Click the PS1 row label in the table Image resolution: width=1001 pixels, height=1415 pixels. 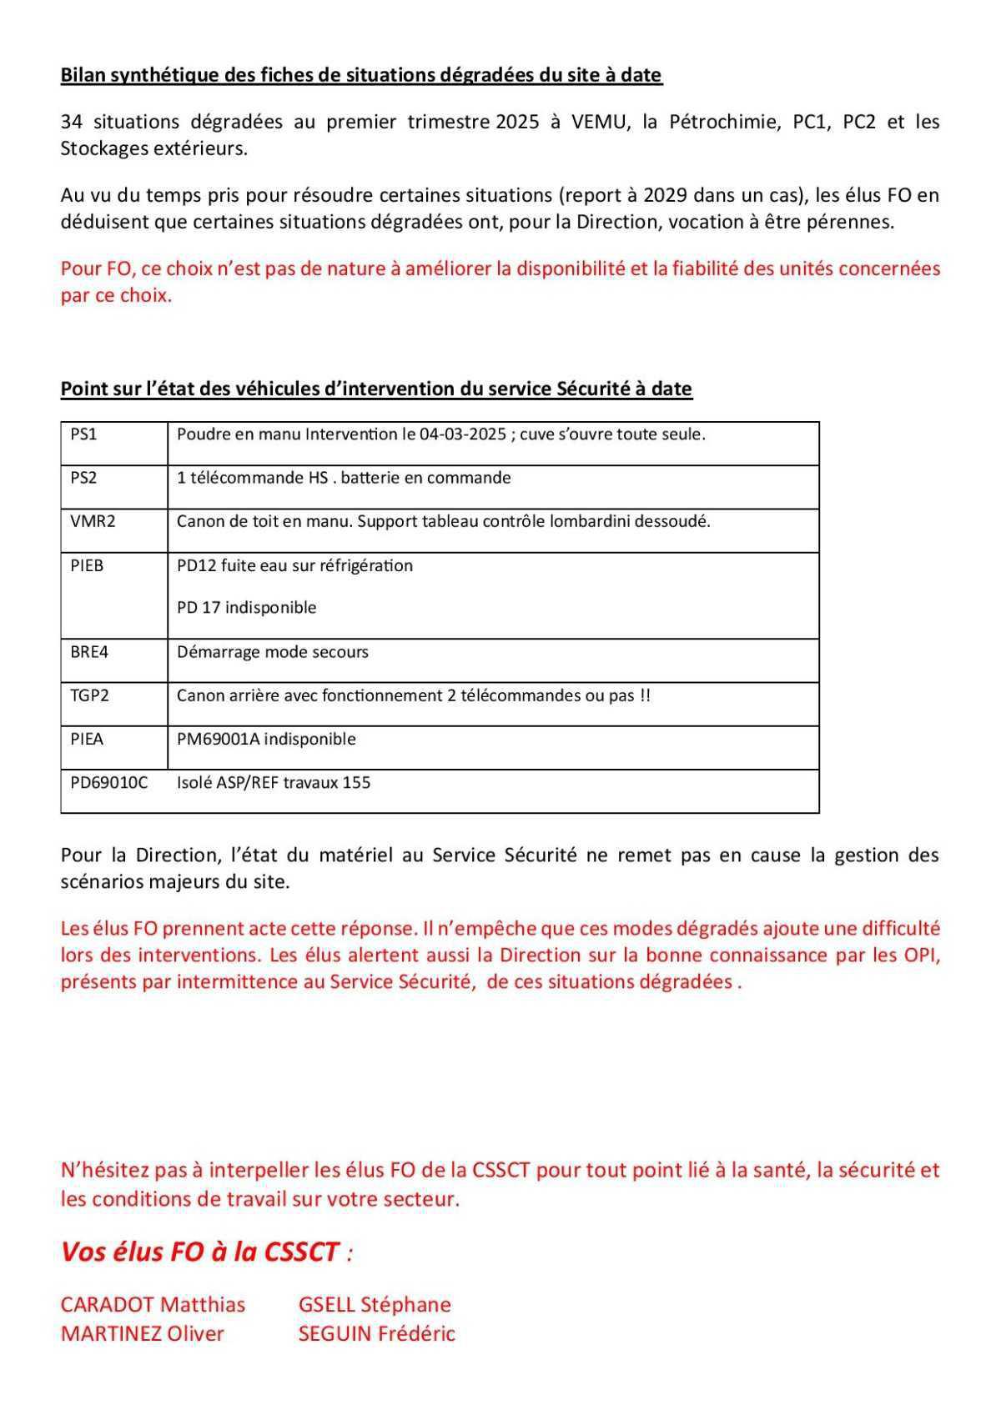pyautogui.click(x=83, y=434)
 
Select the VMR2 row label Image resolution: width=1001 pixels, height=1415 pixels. pyautogui.click(x=93, y=522)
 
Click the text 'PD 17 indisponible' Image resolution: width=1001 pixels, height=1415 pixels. pyautogui.click(x=246, y=608)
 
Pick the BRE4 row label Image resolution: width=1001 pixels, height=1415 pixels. pyautogui.click(x=89, y=652)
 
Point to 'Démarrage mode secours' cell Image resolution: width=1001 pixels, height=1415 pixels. pyautogui.click(x=272, y=652)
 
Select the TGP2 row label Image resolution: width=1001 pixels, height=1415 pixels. pyautogui.click(x=89, y=695)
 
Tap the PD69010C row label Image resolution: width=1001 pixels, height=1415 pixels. pyautogui.click(x=108, y=783)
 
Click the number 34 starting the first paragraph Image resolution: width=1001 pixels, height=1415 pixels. pyautogui.click(x=73, y=122)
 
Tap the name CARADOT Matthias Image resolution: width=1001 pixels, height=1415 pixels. pyautogui.click(x=153, y=1305)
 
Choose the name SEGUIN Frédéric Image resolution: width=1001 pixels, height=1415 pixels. pyautogui.click(x=376, y=1334)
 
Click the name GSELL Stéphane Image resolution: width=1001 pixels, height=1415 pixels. pyautogui.click(x=374, y=1305)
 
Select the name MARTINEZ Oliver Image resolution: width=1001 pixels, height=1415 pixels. pyautogui.click(x=142, y=1334)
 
